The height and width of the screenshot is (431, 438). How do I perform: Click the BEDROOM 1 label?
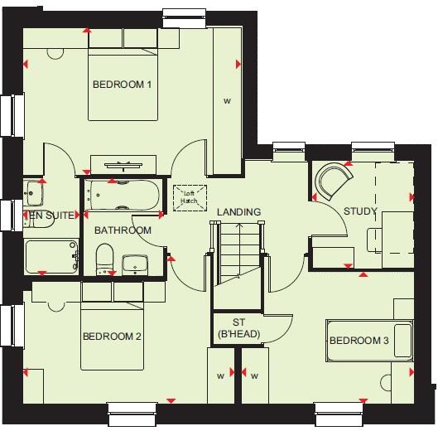[122, 85]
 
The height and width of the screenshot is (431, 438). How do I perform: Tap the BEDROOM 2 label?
[112, 337]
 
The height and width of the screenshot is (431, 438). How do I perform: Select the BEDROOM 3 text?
[359, 341]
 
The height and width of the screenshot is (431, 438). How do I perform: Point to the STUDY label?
[360, 211]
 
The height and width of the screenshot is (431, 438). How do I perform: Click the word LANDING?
[238, 212]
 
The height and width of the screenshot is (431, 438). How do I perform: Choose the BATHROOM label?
[123, 230]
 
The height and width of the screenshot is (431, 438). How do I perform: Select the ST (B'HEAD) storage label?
[238, 329]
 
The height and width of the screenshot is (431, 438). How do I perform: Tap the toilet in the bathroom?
[104, 258]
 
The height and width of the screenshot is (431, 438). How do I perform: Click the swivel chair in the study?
[335, 180]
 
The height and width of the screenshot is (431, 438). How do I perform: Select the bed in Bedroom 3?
[369, 340]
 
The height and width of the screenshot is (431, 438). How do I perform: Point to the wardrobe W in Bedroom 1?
[226, 100]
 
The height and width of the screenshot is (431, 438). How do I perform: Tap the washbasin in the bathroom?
[135, 264]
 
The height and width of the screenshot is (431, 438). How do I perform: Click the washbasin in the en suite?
[34, 194]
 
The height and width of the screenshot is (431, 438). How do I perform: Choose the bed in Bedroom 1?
[122, 83]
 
